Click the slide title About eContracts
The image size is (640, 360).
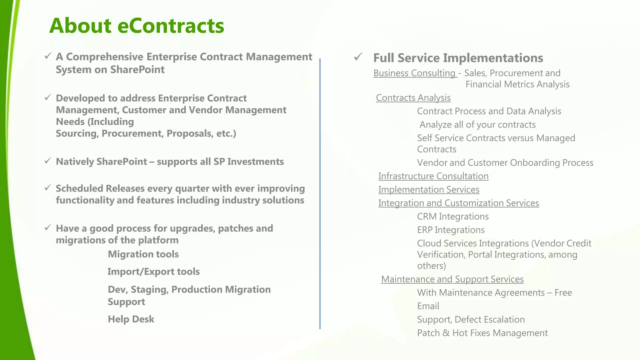click(x=137, y=26)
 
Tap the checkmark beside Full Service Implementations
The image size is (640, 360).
click(x=358, y=57)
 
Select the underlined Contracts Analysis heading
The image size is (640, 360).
click(x=413, y=98)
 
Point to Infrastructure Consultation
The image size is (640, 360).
click(x=433, y=176)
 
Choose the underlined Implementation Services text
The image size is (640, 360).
click(x=428, y=190)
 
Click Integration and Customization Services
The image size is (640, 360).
click(x=458, y=203)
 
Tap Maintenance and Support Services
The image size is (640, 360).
click(x=452, y=279)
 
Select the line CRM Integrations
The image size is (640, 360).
click(x=453, y=217)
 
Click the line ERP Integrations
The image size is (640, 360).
click(x=451, y=230)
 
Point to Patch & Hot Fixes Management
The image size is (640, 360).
click(x=482, y=333)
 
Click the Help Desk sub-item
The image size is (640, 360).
click(x=131, y=319)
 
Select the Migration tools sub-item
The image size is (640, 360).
click(x=143, y=254)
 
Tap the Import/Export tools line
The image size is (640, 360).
click(x=153, y=272)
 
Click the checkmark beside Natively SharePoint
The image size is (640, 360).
click(x=47, y=161)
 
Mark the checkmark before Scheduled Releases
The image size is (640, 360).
click(x=47, y=188)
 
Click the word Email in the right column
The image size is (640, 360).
click(x=428, y=306)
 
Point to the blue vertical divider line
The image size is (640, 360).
click(x=320, y=194)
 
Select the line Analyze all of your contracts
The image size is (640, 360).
click(x=477, y=125)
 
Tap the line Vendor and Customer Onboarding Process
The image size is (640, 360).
click(x=505, y=163)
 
